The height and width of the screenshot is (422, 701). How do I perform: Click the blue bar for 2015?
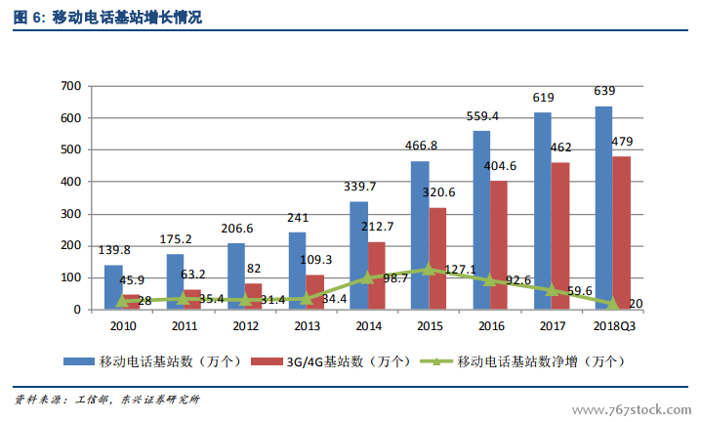[x=420, y=235]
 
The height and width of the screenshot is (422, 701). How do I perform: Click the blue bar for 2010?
[x=113, y=287]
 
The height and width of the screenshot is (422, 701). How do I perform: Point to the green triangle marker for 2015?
[x=430, y=269]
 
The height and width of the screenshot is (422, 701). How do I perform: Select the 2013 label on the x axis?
[x=307, y=327]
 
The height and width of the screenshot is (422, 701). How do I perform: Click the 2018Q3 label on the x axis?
[x=614, y=327]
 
